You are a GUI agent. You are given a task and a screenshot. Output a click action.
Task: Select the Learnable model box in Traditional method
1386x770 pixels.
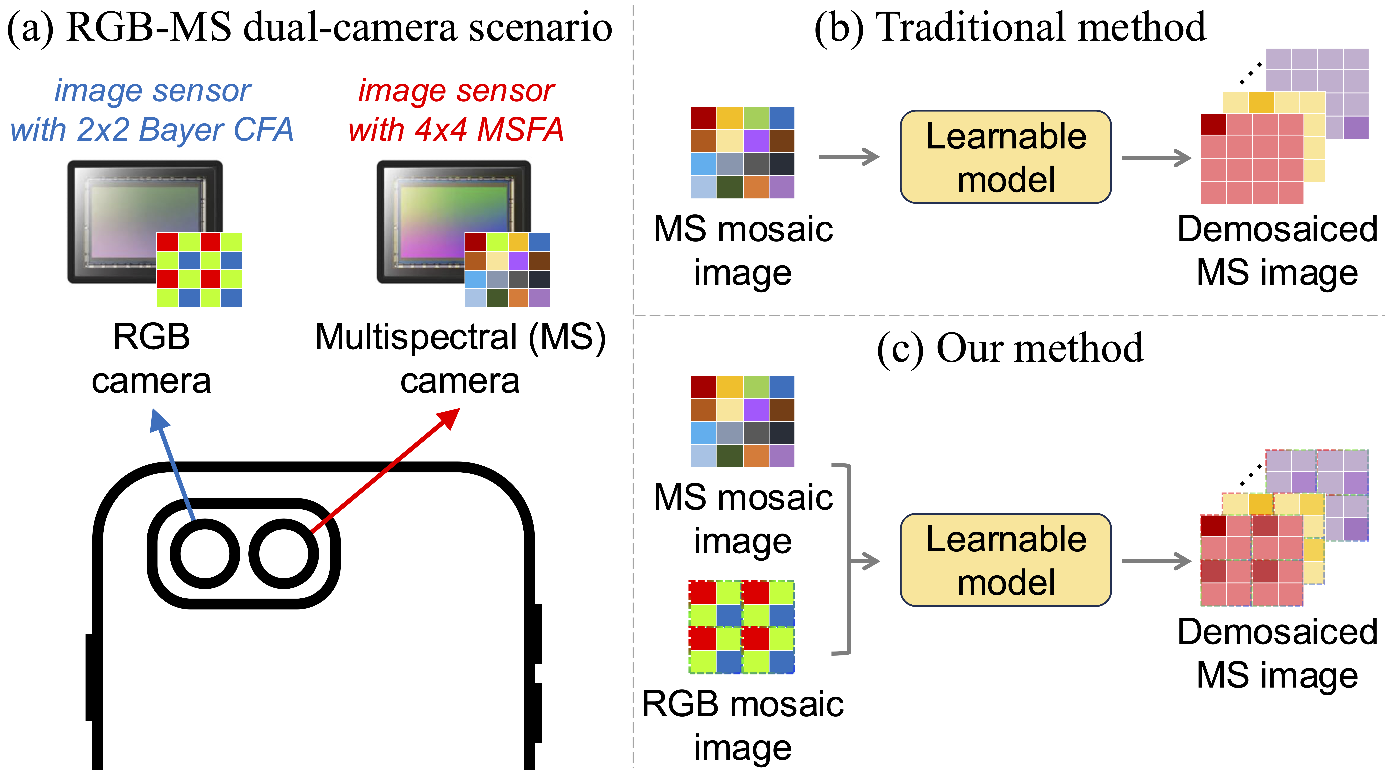pos(1006,157)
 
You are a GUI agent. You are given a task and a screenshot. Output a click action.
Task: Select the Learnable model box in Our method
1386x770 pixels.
pos(1006,560)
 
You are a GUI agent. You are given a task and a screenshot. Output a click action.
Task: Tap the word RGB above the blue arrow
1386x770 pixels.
pos(151,337)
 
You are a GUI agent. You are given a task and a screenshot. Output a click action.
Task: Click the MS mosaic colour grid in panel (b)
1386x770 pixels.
pos(743,152)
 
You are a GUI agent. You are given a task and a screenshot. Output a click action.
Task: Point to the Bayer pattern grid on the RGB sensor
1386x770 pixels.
pos(199,270)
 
